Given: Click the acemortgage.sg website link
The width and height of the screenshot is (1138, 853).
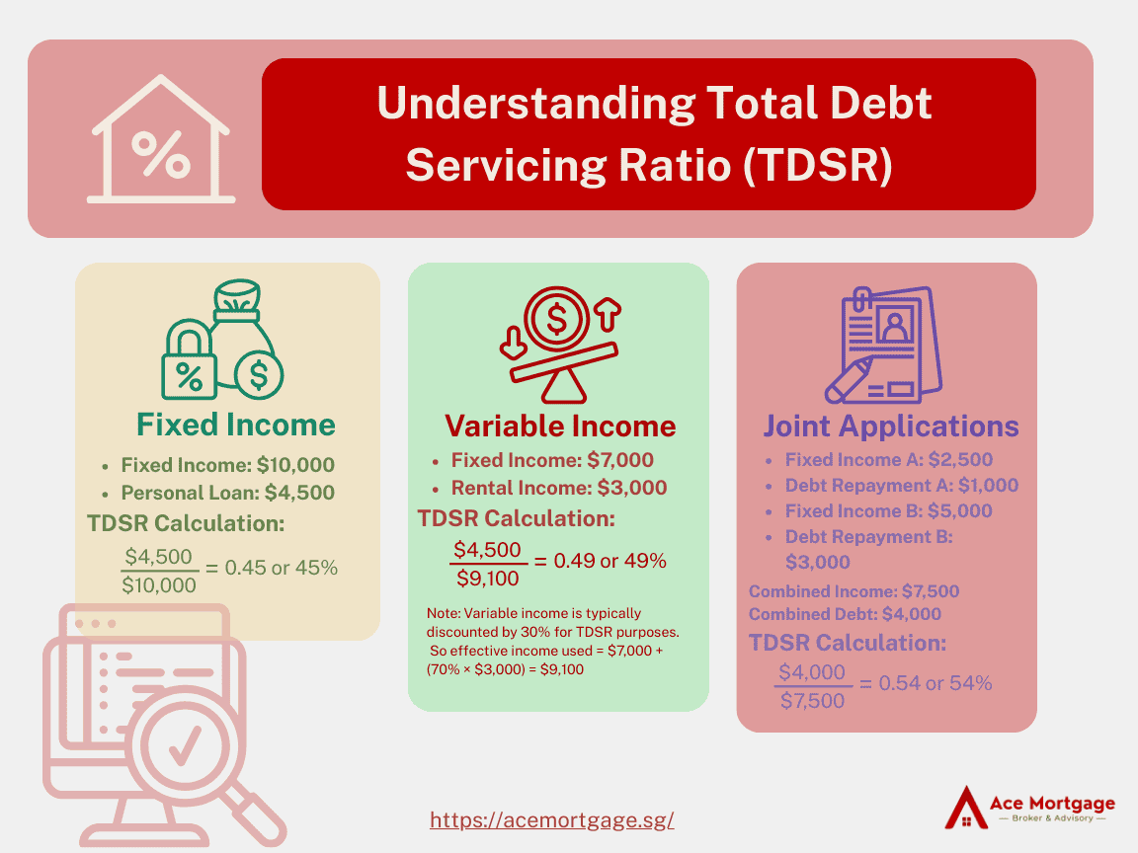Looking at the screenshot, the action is click(x=551, y=819).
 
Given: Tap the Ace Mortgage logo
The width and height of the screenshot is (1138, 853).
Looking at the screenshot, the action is click(x=1030, y=807).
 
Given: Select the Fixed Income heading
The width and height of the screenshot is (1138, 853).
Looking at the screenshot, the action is click(x=236, y=426).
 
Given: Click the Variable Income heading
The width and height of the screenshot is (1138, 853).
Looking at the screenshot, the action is click(x=559, y=426).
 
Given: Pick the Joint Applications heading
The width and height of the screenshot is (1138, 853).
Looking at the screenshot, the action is click(x=890, y=426).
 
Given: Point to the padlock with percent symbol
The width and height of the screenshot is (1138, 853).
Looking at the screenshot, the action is click(x=189, y=360).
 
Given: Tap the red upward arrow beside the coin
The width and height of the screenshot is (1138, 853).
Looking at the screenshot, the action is click(x=609, y=314).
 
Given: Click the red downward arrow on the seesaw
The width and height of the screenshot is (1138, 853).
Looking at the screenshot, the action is click(x=513, y=344).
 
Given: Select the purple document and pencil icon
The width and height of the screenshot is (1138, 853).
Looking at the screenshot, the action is click(x=883, y=346).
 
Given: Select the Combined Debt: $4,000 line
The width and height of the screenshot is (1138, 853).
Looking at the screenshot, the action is click(x=845, y=614).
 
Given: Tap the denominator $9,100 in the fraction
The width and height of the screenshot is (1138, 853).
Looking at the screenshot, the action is click(x=488, y=579).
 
